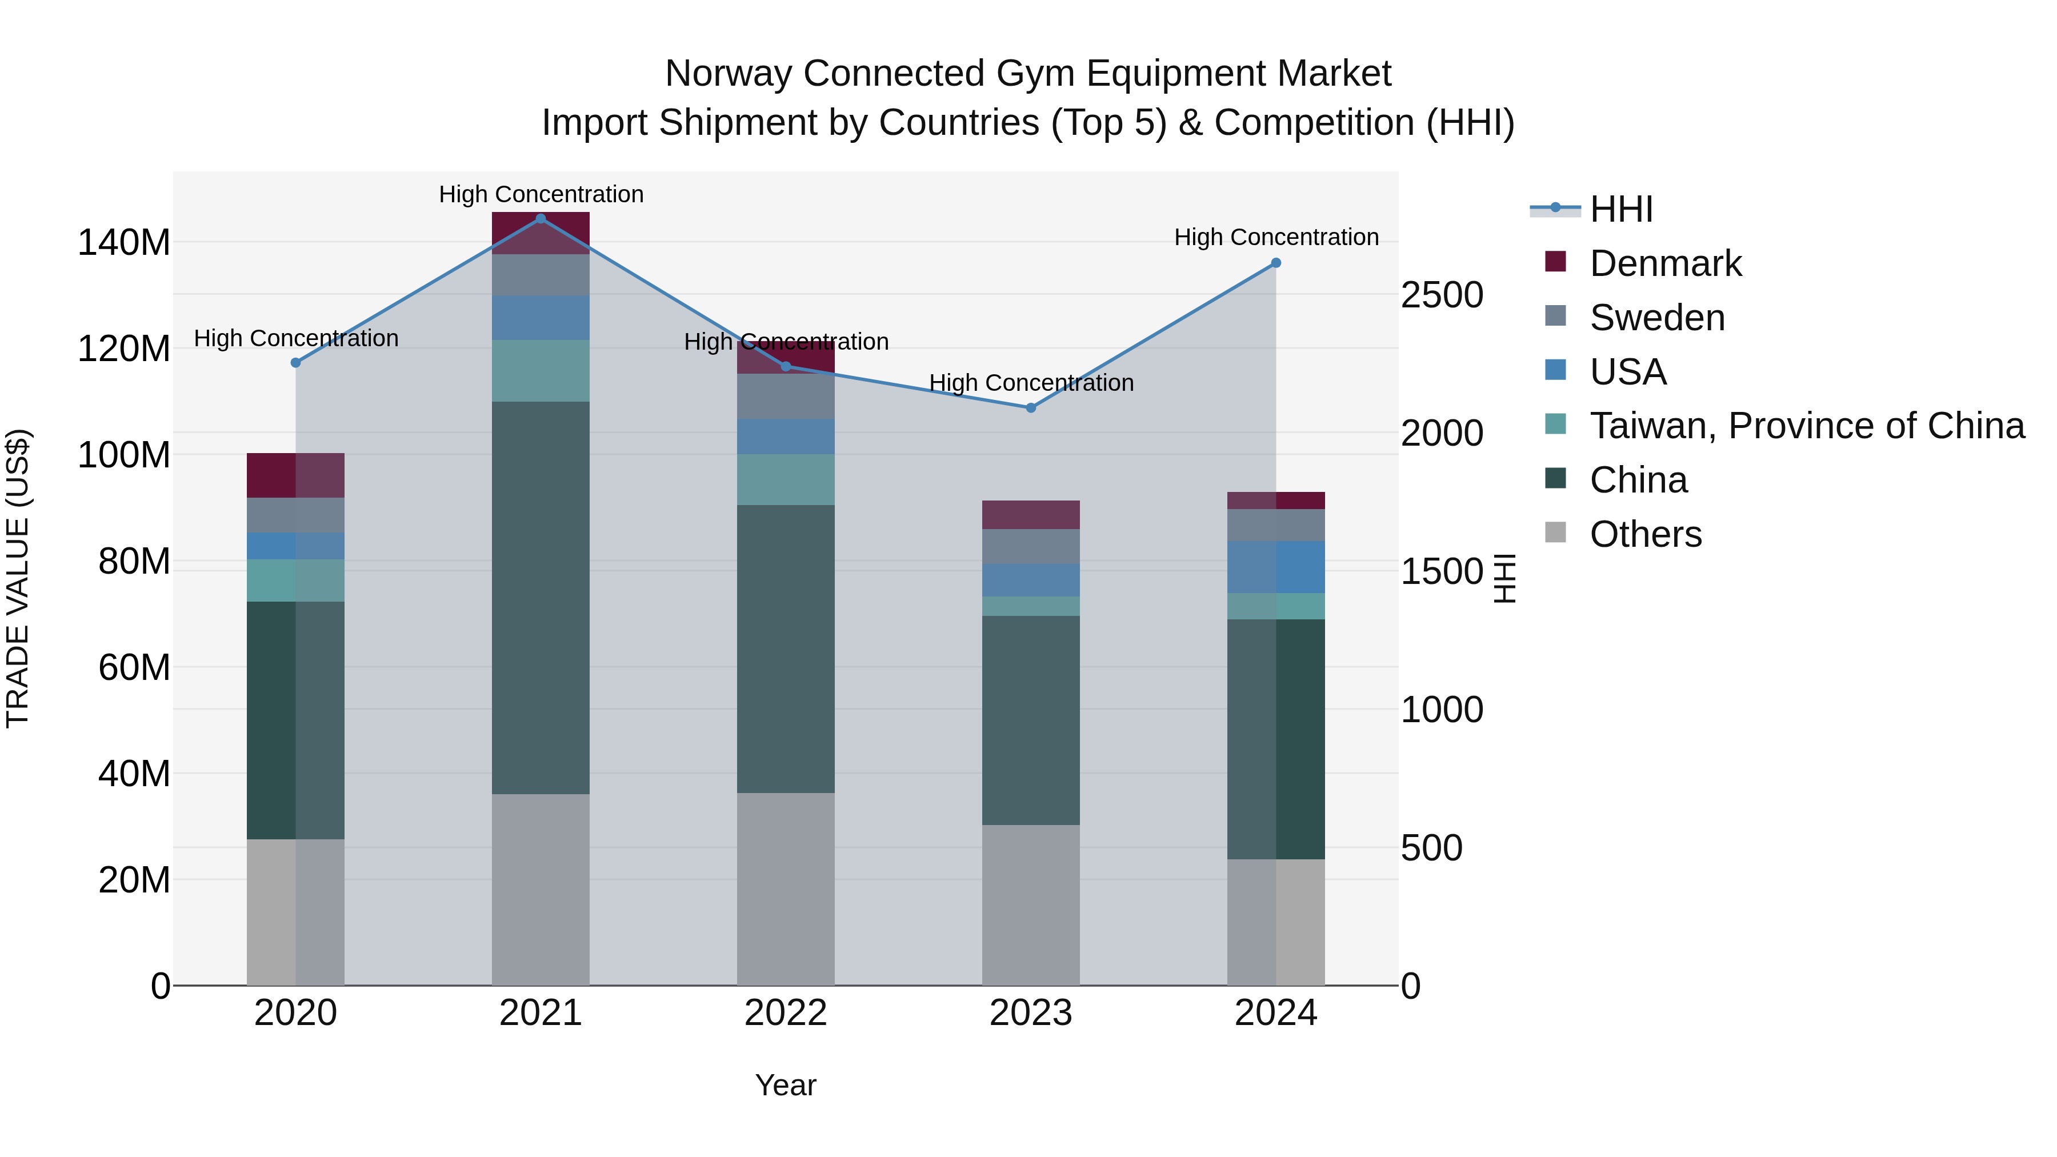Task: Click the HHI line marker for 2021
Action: [541, 219]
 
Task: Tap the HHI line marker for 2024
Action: [1275, 263]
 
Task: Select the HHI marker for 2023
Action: [1030, 408]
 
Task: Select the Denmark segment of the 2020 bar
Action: [295, 475]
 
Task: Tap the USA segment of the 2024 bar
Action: [1275, 567]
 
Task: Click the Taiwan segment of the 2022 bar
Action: [785, 479]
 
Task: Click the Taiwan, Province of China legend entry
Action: [1806, 426]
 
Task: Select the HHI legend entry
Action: [1620, 209]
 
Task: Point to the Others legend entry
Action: [1645, 534]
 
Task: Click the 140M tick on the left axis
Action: [124, 242]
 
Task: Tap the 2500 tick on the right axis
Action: [1442, 295]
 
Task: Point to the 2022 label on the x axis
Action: [785, 1013]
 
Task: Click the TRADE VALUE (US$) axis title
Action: [18, 578]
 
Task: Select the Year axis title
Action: [785, 1085]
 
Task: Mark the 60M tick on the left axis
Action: [134, 667]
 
